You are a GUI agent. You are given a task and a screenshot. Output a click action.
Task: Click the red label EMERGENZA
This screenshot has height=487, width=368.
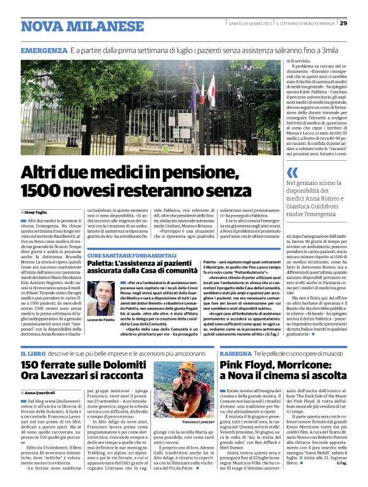[44, 50]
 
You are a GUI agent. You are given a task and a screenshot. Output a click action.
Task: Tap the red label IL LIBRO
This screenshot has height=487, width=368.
[32, 353]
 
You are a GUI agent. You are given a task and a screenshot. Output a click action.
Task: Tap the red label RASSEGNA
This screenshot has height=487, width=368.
[237, 353]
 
